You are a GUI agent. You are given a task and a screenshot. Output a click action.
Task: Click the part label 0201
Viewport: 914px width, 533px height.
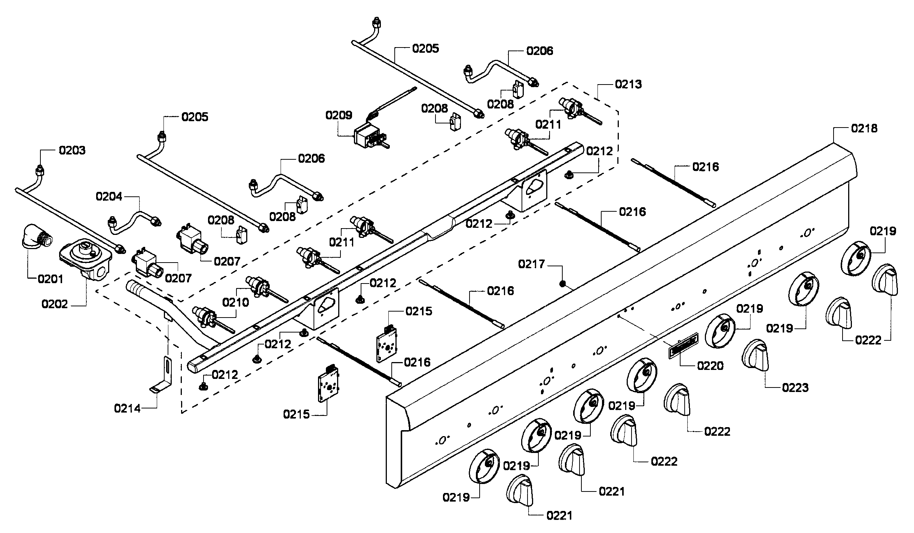tap(51, 279)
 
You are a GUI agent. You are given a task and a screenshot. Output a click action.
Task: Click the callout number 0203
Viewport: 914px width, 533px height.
tap(72, 150)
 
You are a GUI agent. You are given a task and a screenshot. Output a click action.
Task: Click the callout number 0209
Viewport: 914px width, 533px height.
tap(339, 115)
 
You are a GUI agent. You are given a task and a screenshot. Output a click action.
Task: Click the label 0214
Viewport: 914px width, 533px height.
tap(127, 408)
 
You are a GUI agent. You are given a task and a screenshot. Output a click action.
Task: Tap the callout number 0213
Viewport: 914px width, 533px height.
tap(629, 85)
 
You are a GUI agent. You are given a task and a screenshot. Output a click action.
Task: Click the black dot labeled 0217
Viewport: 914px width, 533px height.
tap(562, 284)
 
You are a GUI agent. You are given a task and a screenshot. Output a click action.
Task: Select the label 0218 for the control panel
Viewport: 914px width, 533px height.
tap(864, 128)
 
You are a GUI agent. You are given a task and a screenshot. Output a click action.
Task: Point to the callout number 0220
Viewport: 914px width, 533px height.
tap(710, 365)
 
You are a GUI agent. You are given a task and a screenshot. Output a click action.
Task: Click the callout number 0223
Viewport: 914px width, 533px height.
tap(795, 388)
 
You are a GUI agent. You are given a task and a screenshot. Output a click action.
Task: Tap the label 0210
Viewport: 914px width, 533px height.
tap(236, 302)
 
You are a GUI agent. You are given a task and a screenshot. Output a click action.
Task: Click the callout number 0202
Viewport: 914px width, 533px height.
tap(55, 304)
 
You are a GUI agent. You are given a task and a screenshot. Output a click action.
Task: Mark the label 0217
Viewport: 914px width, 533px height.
tap(531, 264)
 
